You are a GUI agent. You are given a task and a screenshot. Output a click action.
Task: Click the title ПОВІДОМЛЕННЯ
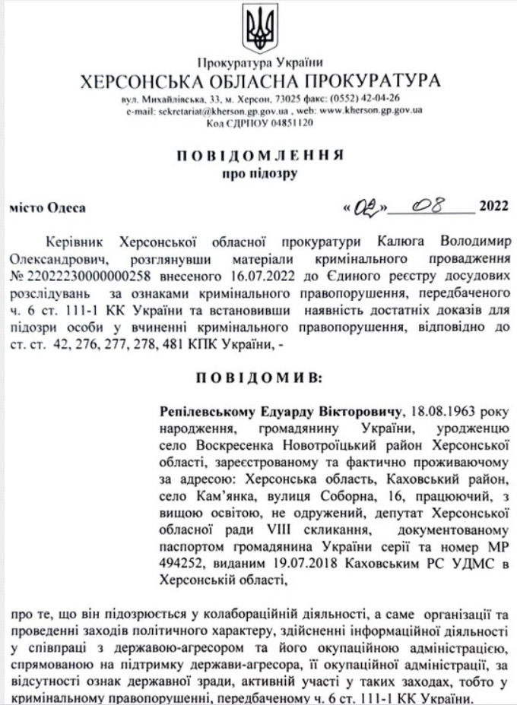click(258, 156)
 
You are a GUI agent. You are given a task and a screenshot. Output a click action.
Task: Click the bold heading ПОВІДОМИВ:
click(258, 378)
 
